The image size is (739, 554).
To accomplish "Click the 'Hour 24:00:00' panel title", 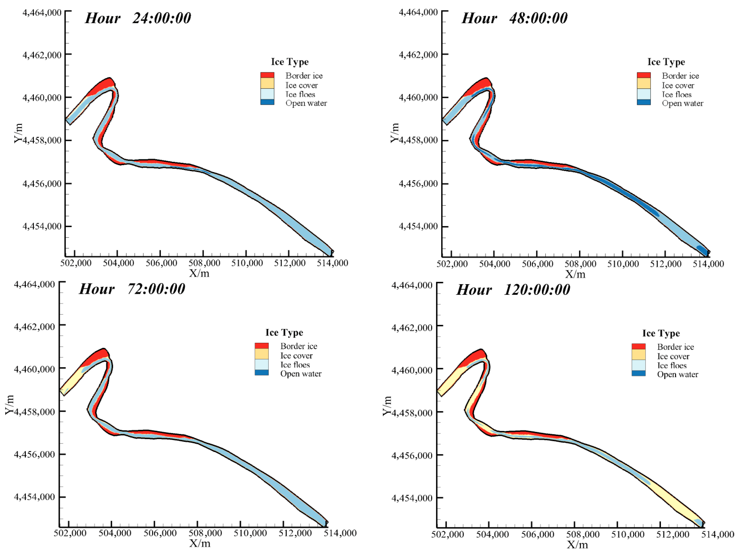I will [x=138, y=18].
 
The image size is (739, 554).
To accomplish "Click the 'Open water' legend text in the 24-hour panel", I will [x=306, y=103].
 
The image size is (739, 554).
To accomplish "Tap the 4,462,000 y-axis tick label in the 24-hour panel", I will [x=42, y=55].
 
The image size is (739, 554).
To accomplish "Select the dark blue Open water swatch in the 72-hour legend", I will [x=262, y=373].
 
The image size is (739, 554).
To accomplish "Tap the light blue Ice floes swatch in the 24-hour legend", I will [x=267, y=94].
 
